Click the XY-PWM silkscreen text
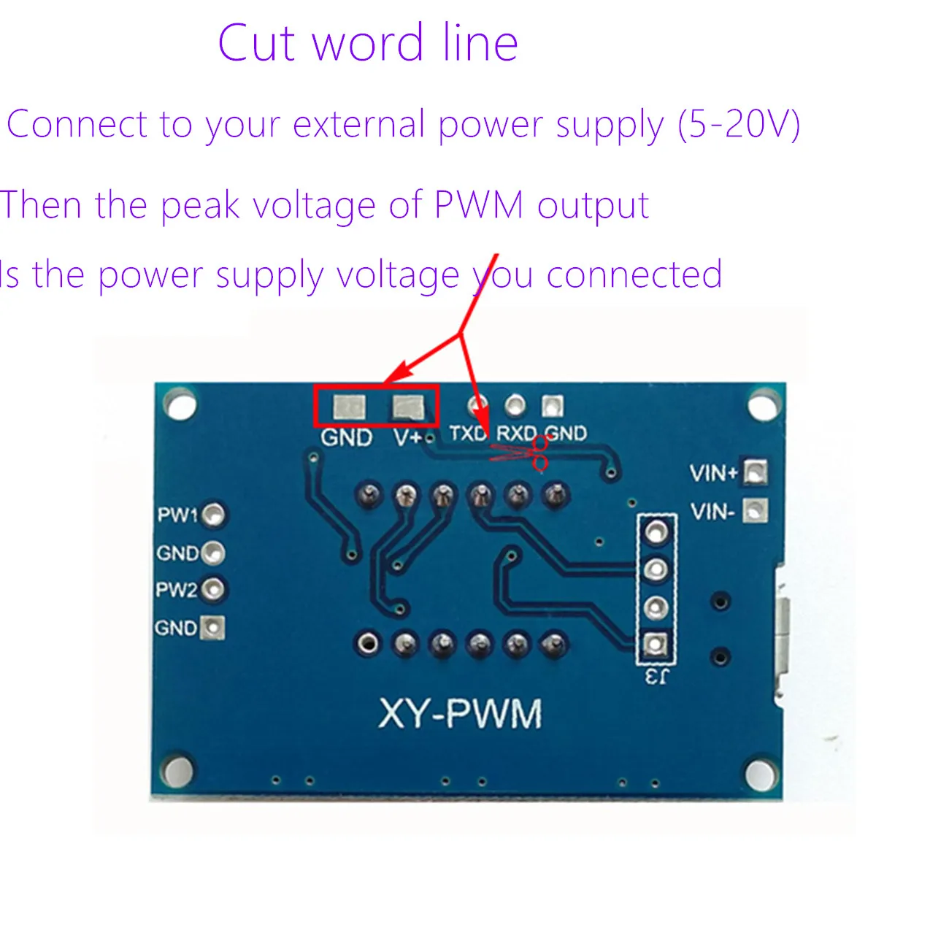[461, 713]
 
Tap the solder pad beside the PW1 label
[213, 515]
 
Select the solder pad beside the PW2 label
[213, 589]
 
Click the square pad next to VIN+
[756, 473]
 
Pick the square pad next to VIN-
[756, 510]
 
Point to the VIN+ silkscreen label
[714, 473]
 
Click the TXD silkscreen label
[467, 434]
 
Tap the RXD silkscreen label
[516, 434]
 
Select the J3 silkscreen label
[656, 677]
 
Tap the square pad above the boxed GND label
[348, 406]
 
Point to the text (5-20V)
[739, 125]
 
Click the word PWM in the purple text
[479, 205]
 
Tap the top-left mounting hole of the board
[180, 404]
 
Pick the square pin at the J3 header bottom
[655, 645]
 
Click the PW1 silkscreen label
[177, 515]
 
